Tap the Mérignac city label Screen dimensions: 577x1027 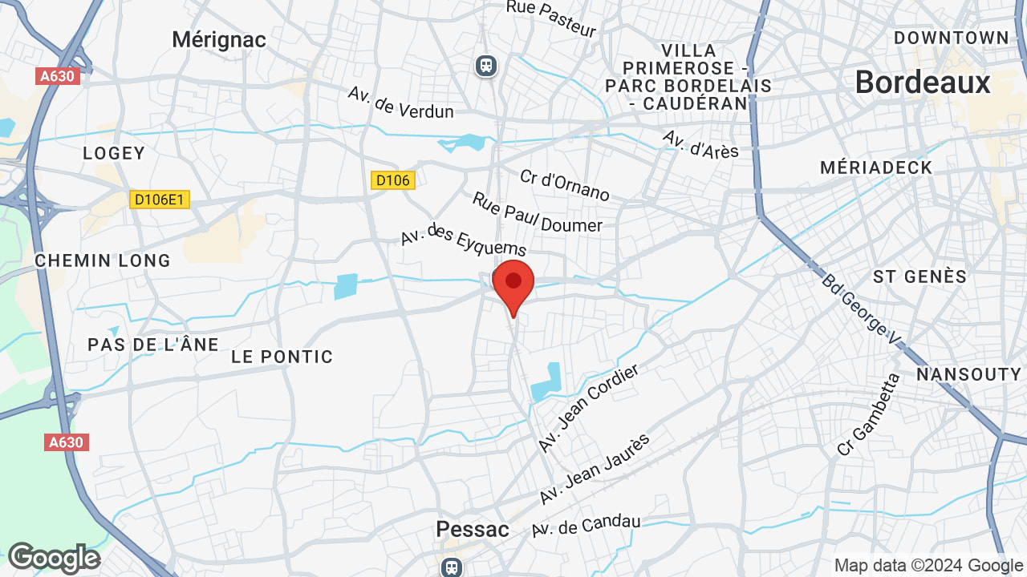pos(219,39)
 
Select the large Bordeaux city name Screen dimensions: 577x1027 pos(923,83)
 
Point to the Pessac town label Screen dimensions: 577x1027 pos(473,529)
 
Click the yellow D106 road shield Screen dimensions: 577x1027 pos(393,180)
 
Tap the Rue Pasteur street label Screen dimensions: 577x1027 pos(551,18)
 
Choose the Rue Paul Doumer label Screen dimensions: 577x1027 pos(537,212)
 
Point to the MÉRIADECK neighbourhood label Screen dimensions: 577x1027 pos(876,167)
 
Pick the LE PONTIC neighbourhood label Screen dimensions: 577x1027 pos(282,357)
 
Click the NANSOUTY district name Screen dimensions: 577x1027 pos(968,374)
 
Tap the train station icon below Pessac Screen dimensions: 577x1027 pos(452,567)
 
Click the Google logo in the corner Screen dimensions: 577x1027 pos(54,558)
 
